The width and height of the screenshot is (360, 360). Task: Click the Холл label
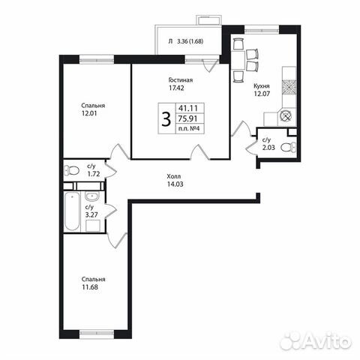(174, 177)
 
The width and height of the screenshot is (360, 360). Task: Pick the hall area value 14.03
(175, 185)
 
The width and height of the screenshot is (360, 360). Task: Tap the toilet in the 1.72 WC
(68, 168)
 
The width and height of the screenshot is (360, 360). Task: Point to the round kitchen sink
(285, 117)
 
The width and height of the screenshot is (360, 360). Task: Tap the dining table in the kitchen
(239, 61)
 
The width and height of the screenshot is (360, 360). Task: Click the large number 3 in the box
(165, 118)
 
